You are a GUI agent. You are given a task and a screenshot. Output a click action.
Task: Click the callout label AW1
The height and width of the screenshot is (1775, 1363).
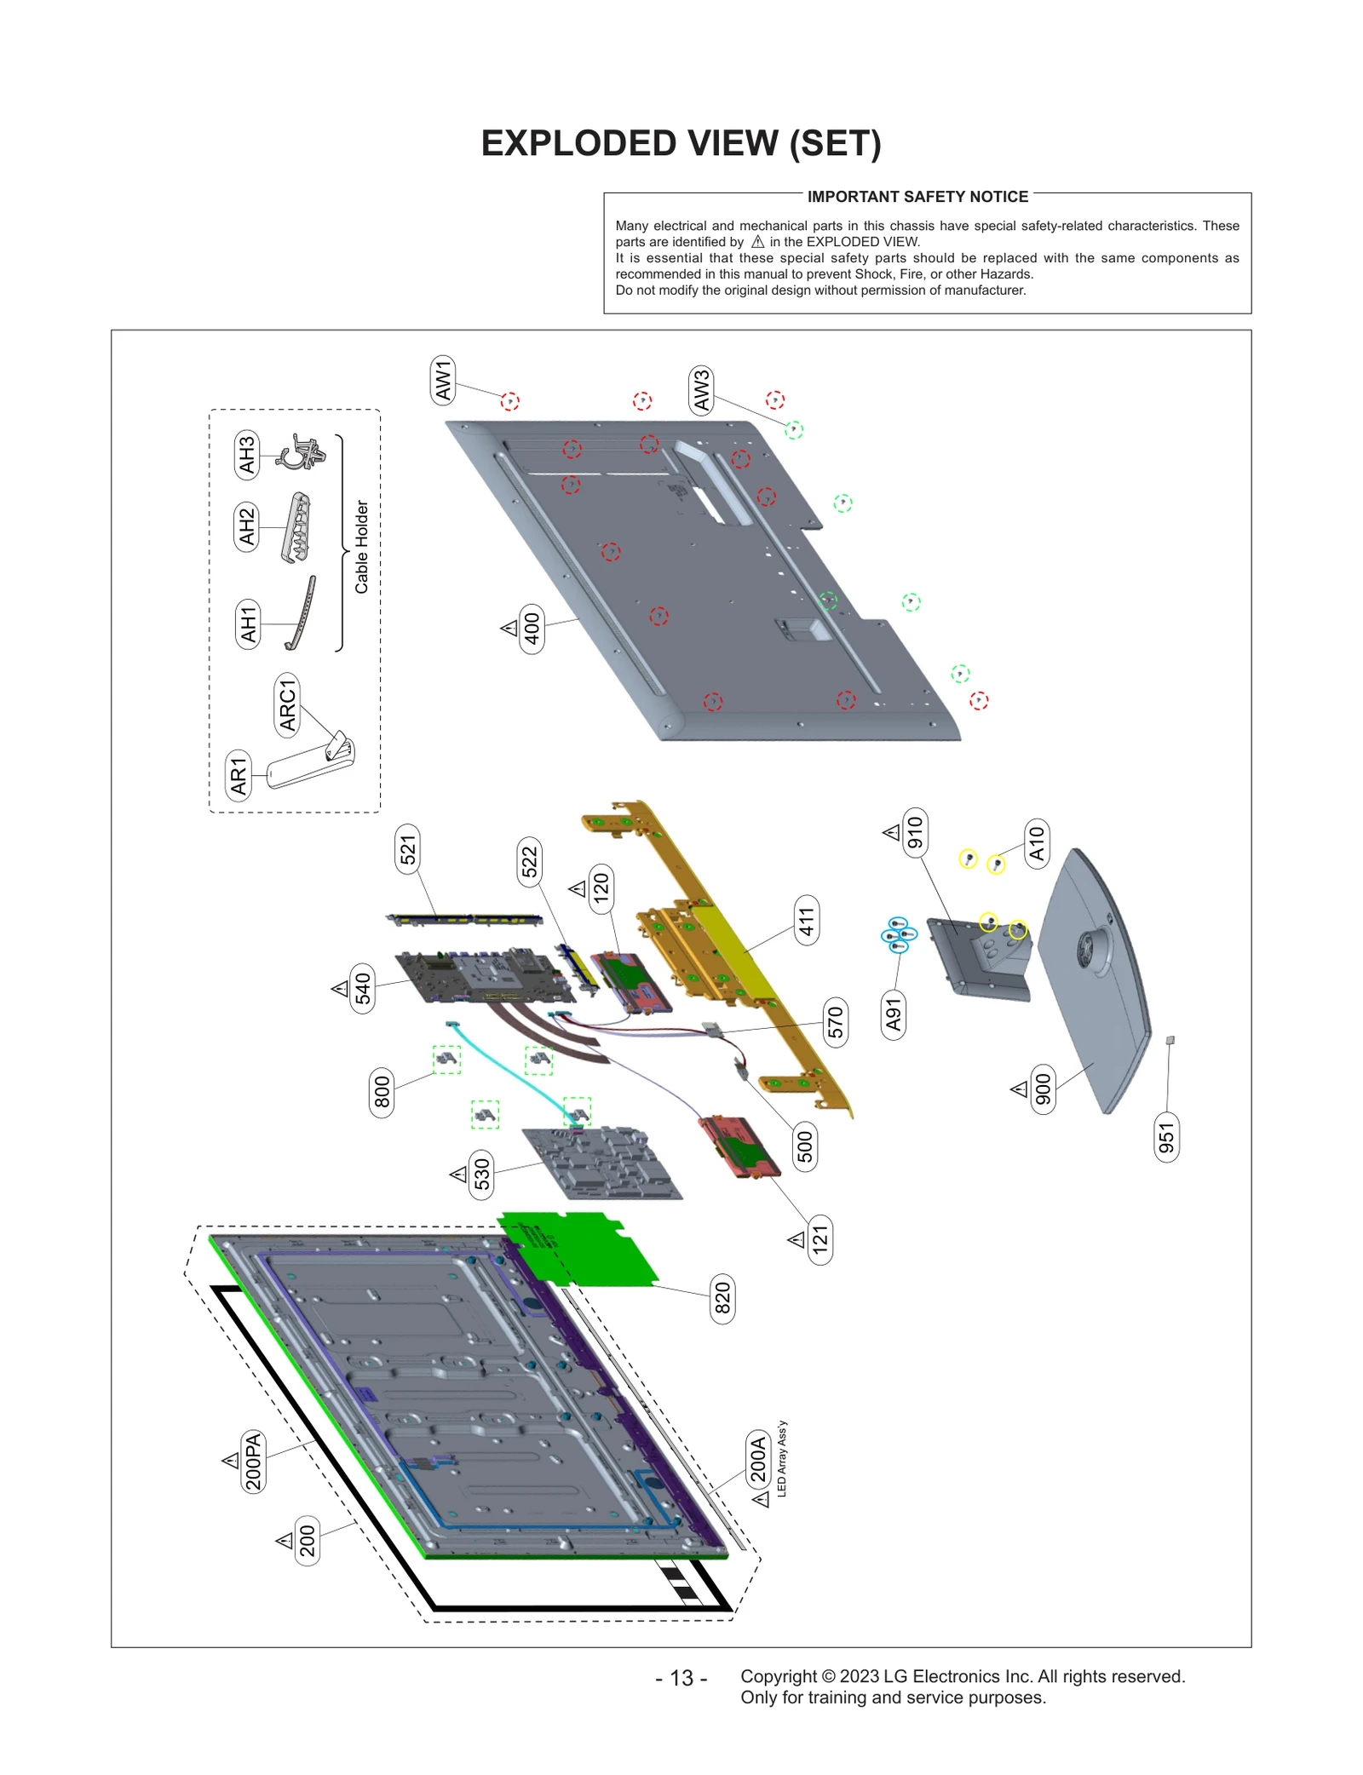(x=443, y=380)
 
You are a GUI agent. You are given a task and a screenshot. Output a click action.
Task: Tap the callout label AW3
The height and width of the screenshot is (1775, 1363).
(x=700, y=391)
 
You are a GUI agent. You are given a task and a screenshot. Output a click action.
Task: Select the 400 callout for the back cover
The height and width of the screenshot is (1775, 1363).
(x=532, y=629)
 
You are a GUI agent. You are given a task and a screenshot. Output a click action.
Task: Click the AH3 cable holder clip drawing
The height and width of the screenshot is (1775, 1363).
(x=302, y=451)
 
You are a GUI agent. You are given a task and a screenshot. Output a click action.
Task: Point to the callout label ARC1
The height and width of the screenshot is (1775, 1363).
(x=287, y=705)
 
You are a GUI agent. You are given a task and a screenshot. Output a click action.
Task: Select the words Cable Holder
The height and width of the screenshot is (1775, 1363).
(x=362, y=547)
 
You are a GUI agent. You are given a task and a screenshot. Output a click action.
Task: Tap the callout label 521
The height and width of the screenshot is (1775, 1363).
(x=408, y=849)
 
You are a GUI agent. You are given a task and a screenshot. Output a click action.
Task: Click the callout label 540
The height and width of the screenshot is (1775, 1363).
(x=363, y=988)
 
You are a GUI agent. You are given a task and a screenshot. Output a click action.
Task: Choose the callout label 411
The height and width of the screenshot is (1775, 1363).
(x=806, y=921)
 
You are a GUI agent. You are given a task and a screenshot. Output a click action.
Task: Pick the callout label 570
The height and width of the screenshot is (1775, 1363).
(x=835, y=1021)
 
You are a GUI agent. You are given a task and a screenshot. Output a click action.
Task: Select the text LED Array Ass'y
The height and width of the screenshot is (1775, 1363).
(x=782, y=1458)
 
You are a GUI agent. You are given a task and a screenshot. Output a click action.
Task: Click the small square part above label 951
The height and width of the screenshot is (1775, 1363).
(x=1170, y=1040)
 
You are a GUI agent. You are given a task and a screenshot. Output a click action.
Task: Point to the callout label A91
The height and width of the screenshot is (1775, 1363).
(x=893, y=1015)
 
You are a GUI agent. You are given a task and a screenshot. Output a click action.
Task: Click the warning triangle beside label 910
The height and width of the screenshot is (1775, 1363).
(x=891, y=832)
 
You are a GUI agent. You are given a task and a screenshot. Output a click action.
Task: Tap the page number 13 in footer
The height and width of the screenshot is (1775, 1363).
(x=681, y=1678)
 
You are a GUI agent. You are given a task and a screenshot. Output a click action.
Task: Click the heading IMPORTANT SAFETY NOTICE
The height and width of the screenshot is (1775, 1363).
(x=917, y=197)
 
